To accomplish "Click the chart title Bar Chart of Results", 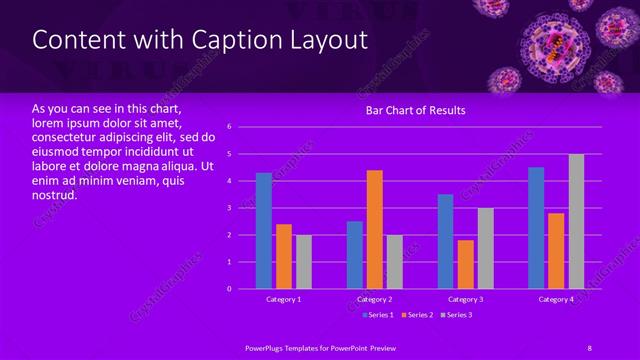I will click(415, 110).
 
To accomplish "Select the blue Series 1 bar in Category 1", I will click(264, 231).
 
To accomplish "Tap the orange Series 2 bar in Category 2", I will click(374, 230).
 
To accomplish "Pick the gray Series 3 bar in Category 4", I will click(576, 221).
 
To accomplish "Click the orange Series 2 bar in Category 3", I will click(465, 264).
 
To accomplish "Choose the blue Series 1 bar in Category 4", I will click(536, 228).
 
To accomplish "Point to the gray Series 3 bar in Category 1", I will click(303, 262).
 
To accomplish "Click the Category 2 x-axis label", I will click(374, 299).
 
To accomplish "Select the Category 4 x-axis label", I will click(556, 299).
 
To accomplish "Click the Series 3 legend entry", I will click(456, 315).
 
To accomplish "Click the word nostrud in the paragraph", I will click(55, 196).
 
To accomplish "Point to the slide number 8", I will click(590, 346).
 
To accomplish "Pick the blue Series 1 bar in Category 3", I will click(445, 241).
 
